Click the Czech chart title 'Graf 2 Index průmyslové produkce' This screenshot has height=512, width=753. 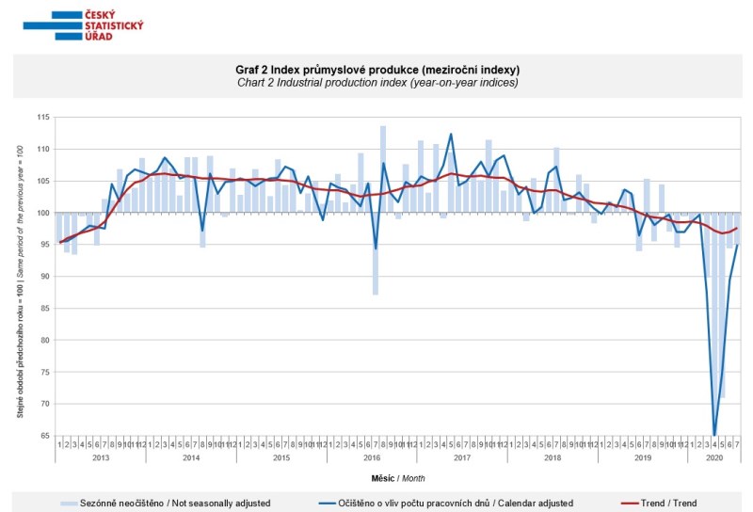point(376,70)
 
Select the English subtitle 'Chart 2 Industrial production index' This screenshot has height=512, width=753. point(376,83)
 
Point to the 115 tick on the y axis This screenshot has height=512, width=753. point(42,117)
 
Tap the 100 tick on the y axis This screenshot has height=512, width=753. point(42,213)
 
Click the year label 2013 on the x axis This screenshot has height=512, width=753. point(100,456)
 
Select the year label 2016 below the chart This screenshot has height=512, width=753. point(372,456)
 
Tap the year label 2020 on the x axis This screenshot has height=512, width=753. point(715,456)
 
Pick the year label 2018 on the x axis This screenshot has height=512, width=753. point(553,456)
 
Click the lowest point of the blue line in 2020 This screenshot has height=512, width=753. point(714,435)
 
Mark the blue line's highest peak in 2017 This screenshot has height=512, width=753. point(451,134)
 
